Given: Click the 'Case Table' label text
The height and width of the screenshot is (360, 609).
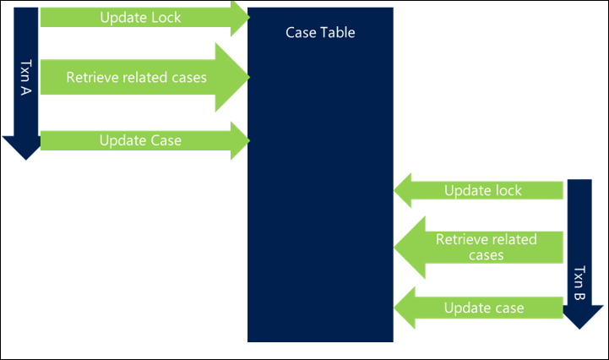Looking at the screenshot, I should coord(319,33).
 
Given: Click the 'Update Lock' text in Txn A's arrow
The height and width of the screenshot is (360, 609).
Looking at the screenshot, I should coord(140,17).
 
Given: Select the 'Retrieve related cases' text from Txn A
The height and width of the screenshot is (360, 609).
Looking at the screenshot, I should coord(137,77).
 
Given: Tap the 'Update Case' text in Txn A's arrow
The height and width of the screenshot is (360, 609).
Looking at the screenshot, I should coord(140,139).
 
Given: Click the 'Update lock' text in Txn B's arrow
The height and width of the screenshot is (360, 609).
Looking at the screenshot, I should coord(483,190).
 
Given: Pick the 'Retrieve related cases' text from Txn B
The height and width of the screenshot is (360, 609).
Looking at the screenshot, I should coord(486,247).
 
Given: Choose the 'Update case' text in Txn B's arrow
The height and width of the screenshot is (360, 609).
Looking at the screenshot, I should coord(484,307).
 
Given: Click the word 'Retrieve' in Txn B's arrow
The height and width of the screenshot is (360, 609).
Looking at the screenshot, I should coord(461,239).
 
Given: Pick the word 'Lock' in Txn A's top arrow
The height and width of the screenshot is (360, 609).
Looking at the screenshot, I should coord(165,17).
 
